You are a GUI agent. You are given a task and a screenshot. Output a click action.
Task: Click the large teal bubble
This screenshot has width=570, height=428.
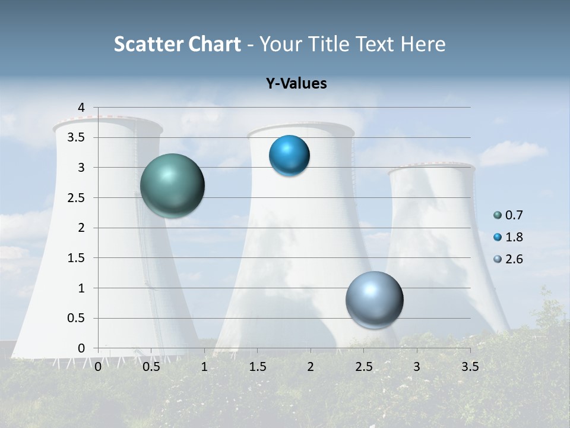point(173,185)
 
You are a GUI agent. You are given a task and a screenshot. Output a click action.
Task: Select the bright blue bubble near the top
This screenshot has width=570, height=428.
point(289,156)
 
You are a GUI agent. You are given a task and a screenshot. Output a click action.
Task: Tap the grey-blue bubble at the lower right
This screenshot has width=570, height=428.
point(374,300)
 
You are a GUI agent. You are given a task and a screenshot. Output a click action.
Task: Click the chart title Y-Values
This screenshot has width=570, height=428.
point(296,84)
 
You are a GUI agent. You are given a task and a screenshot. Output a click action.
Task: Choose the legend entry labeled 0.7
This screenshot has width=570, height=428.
point(509,215)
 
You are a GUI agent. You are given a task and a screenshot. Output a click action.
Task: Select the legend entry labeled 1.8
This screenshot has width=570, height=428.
point(509,237)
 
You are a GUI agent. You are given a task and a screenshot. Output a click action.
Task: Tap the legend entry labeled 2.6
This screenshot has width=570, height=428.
point(509,259)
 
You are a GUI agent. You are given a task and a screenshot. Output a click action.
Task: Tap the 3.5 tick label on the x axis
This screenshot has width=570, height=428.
point(470,367)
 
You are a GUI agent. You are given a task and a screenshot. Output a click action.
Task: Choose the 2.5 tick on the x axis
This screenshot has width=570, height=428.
point(363,367)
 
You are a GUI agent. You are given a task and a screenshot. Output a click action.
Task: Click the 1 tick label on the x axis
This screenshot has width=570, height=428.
point(204,367)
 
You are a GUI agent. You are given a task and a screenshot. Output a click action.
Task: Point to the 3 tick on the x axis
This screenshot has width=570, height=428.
point(417,367)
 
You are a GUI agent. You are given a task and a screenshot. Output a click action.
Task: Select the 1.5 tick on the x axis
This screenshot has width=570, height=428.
point(258,367)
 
